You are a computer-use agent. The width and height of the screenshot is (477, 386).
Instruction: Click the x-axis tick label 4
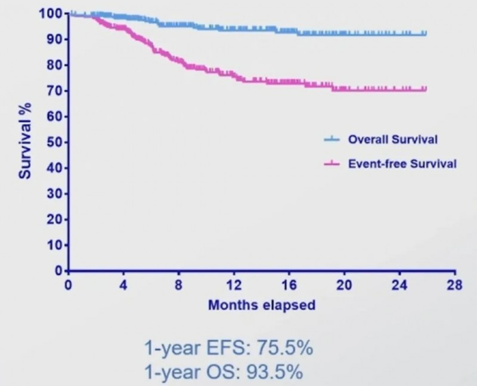(x=123, y=285)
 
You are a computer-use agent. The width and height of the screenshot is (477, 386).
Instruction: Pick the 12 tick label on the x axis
(x=233, y=285)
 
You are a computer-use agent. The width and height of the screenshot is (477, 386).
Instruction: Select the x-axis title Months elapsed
(x=261, y=305)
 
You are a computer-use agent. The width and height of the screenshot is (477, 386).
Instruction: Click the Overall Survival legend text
(x=393, y=140)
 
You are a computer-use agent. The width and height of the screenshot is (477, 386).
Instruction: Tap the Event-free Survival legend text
(x=402, y=163)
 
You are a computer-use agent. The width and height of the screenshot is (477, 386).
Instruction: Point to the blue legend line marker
(x=331, y=140)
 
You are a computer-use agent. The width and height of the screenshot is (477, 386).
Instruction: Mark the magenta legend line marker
(x=331, y=163)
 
